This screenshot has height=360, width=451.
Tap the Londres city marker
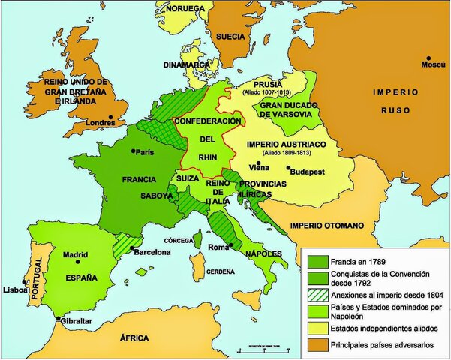(x=110, y=117)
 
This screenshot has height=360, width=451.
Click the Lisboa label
(x=14, y=289)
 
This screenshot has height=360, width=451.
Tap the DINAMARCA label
(x=185, y=64)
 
